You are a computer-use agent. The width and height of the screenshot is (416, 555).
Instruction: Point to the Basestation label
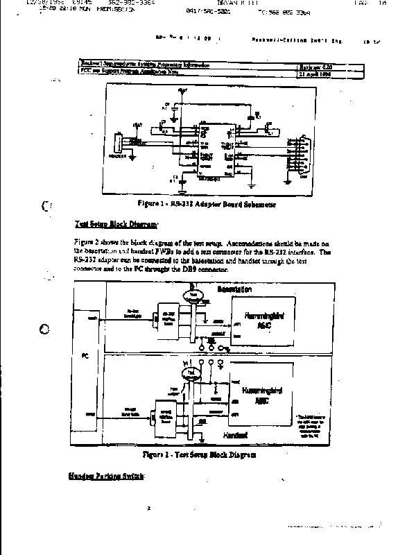[x=234, y=289]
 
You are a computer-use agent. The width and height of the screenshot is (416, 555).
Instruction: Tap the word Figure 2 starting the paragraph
[x=86, y=241]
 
